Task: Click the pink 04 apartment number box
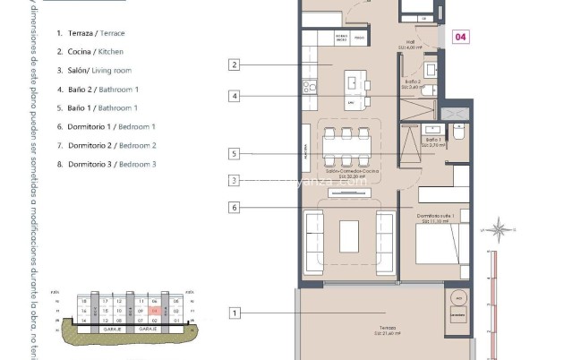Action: pyautogui.click(x=460, y=37)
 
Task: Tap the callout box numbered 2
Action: pyautogui.click(x=234, y=64)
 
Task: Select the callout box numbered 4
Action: pyautogui.click(x=234, y=96)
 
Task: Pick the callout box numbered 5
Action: pyautogui.click(x=234, y=154)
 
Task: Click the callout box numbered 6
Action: pyautogui.click(x=234, y=207)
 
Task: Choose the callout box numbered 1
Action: pyautogui.click(x=234, y=313)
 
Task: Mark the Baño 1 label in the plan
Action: pyautogui.click(x=433, y=141)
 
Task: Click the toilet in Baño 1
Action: pyautogui.click(x=457, y=134)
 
